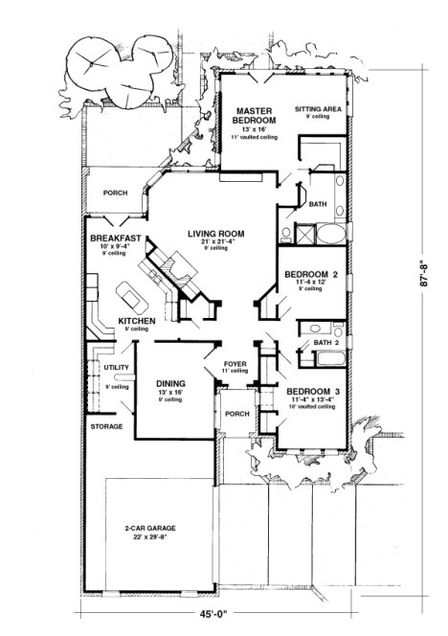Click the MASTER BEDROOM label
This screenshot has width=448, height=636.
click(256, 116)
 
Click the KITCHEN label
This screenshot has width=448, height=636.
click(137, 321)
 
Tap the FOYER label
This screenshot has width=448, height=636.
click(235, 365)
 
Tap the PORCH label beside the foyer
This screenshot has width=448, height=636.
click(236, 414)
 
